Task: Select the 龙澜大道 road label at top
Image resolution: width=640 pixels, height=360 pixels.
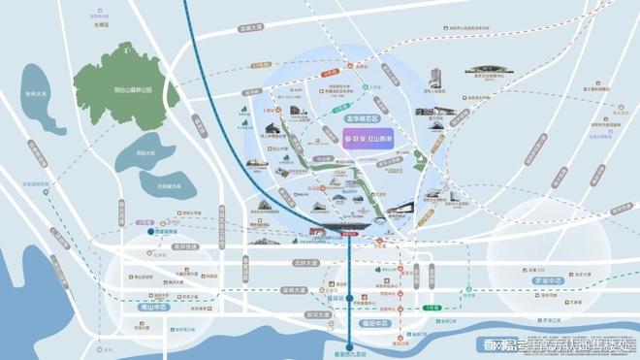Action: tap(250, 29)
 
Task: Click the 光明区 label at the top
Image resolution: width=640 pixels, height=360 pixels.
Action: tap(101, 26)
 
